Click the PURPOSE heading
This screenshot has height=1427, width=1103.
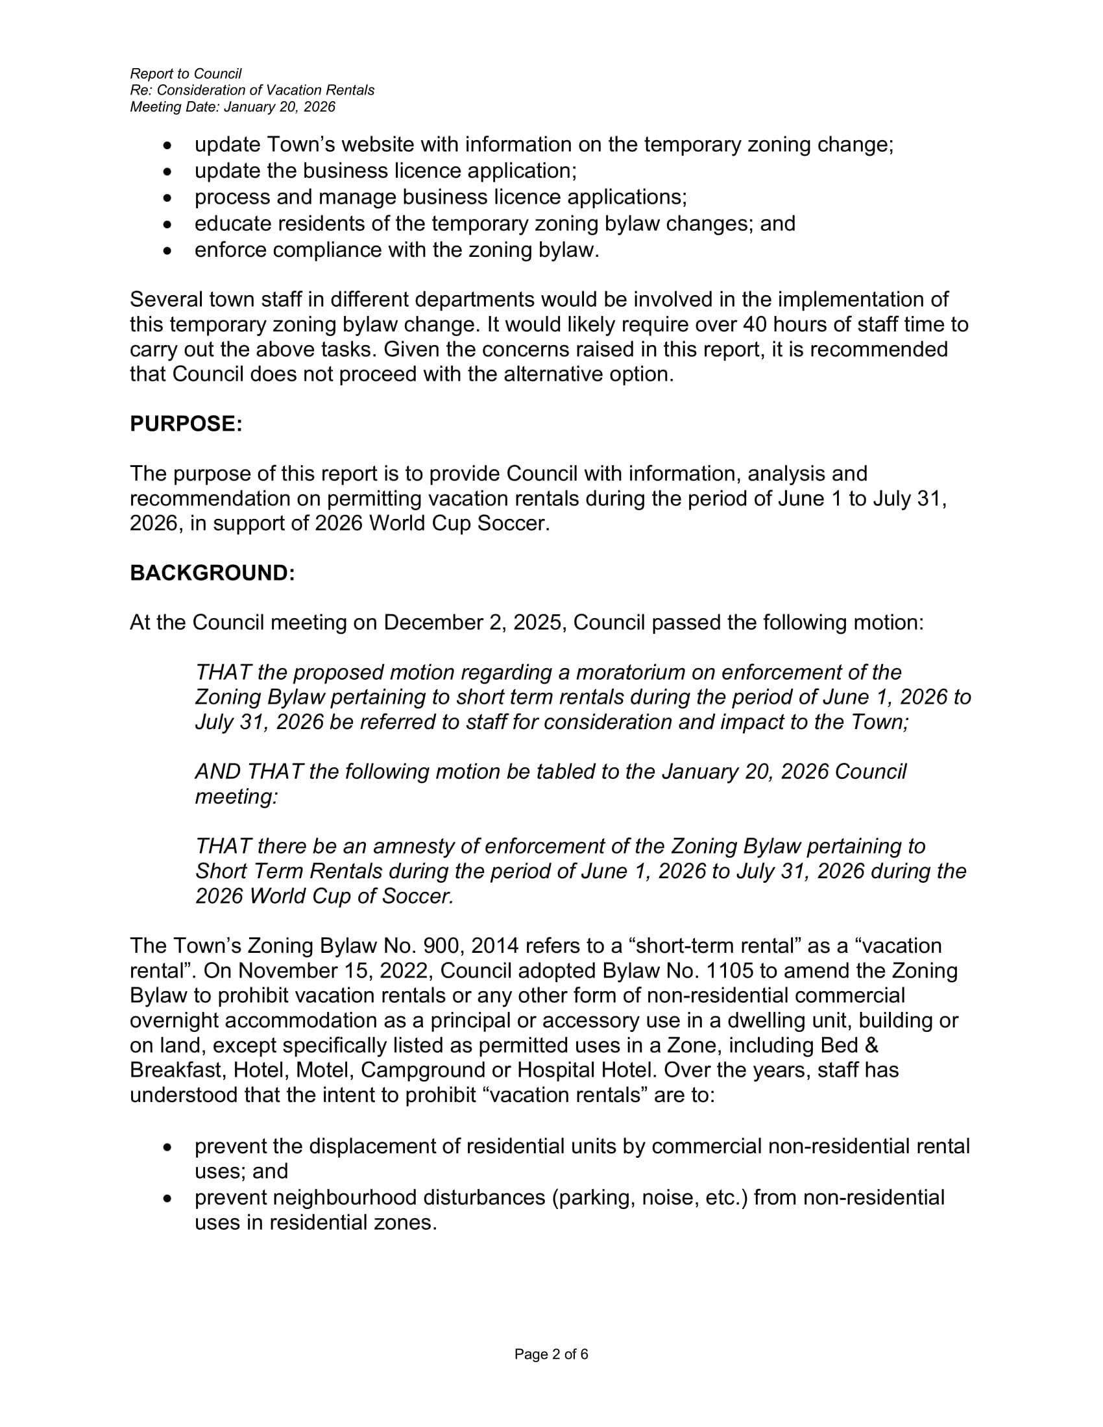(186, 424)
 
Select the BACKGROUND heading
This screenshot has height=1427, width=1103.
(212, 573)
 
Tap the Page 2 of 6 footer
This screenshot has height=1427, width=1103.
(551, 1354)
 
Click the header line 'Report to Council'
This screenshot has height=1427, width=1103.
(186, 74)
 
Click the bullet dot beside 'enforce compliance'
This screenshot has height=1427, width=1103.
(169, 250)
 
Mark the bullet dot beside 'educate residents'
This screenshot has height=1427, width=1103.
(169, 224)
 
